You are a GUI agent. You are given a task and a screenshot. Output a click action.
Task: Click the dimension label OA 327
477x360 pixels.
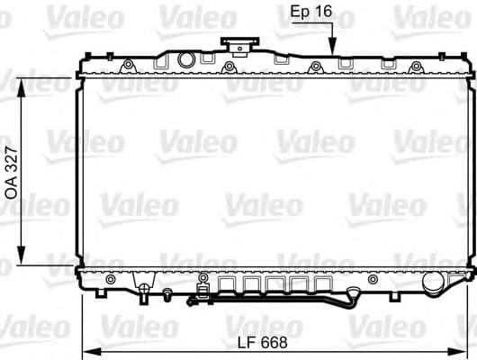(x=13, y=171)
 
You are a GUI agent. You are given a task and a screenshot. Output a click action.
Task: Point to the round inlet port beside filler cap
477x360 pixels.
(x=186, y=60)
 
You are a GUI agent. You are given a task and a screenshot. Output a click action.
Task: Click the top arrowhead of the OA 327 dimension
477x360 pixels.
(x=22, y=80)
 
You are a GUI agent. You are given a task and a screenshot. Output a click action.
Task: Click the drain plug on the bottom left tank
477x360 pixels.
(x=143, y=290)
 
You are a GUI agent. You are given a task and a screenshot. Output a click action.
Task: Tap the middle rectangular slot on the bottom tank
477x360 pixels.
(x=274, y=286)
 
